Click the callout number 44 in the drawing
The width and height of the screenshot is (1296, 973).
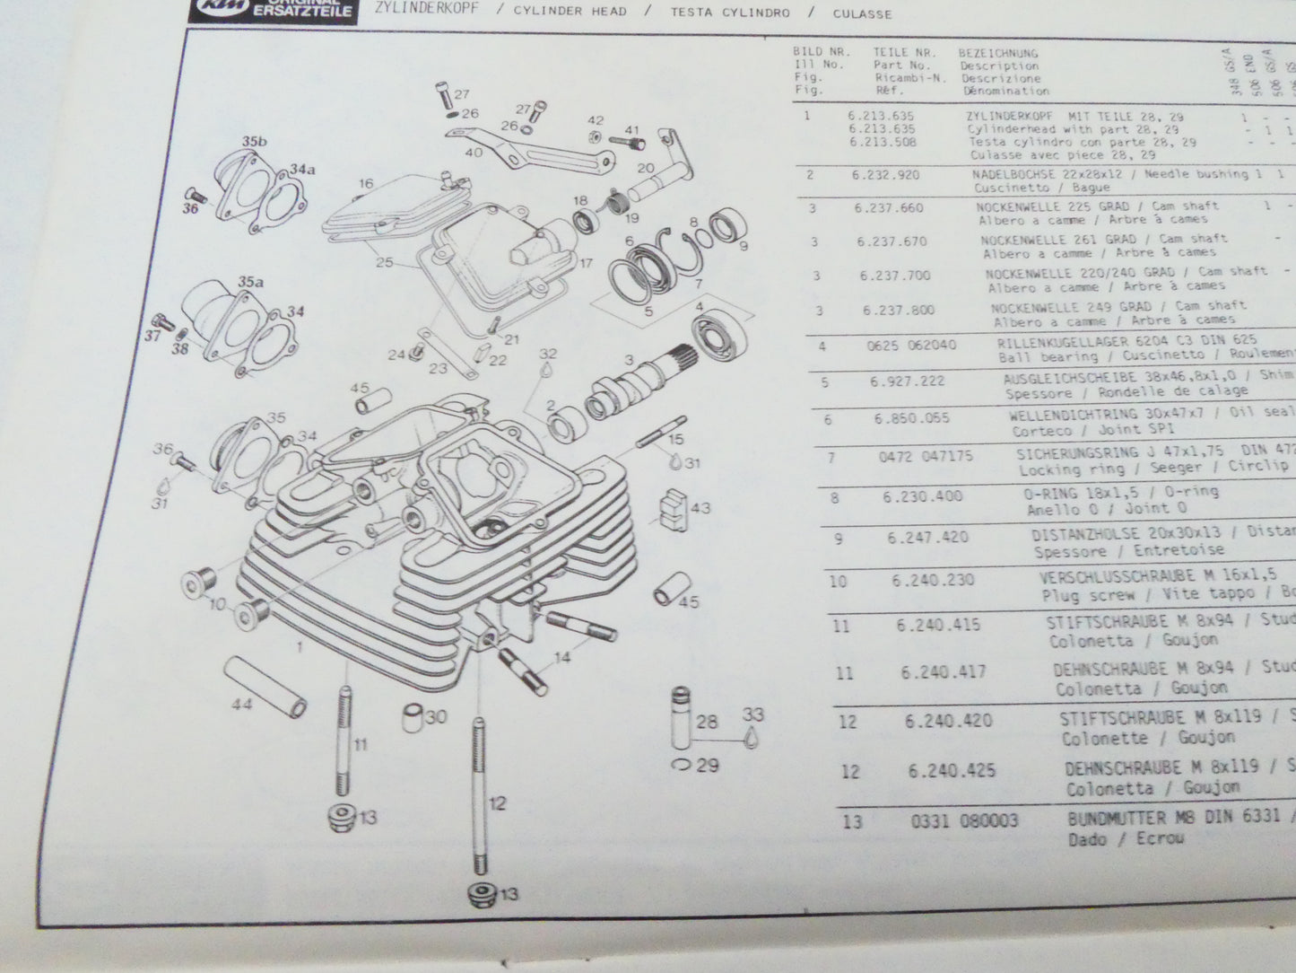click(x=241, y=706)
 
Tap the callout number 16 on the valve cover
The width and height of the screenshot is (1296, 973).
click(x=365, y=184)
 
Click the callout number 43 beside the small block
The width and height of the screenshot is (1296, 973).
click(x=700, y=508)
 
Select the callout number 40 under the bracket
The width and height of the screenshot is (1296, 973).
click(x=474, y=153)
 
